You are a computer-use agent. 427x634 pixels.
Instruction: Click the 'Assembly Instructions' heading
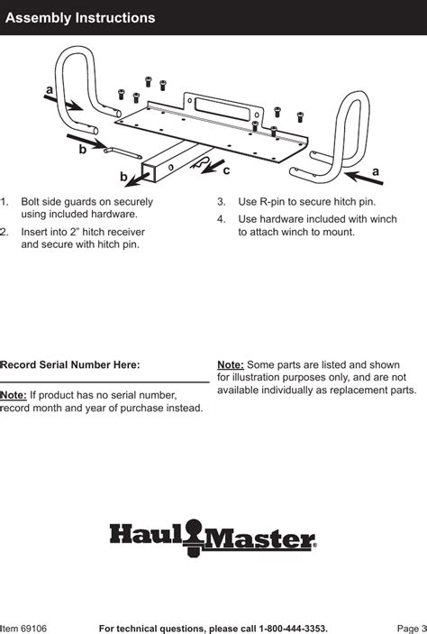tap(80, 18)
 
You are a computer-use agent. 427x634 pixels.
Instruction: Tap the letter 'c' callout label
tap(226, 170)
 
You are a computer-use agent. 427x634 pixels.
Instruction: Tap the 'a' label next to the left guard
tap(48, 89)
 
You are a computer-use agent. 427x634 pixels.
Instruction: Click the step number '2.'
tap(5, 232)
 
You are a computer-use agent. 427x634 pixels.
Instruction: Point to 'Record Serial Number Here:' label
tap(71, 364)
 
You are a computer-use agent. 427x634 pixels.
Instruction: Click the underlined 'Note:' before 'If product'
tap(14, 395)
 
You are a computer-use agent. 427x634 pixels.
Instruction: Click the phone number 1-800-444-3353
tap(293, 627)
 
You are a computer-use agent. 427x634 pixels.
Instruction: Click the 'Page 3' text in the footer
tap(411, 627)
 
